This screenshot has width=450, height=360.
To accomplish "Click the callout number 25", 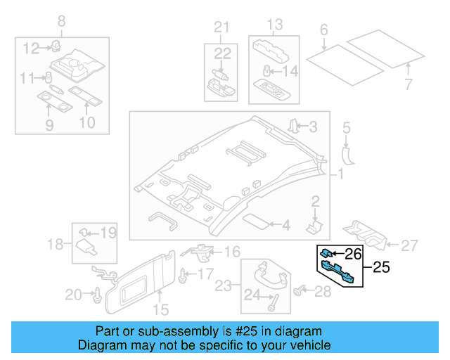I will (380, 267).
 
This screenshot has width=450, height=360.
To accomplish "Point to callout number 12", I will (32, 48).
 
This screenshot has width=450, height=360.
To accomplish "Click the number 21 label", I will (222, 28).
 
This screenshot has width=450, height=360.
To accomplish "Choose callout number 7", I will (409, 85).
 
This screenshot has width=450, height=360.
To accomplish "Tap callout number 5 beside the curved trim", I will (346, 127).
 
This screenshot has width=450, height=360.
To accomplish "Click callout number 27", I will (409, 245).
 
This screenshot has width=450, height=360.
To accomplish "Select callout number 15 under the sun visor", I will (161, 309).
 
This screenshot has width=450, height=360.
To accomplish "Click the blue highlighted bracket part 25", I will (339, 270).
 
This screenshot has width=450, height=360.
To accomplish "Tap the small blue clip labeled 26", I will (327, 252).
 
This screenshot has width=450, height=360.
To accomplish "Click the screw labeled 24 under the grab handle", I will (271, 303).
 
